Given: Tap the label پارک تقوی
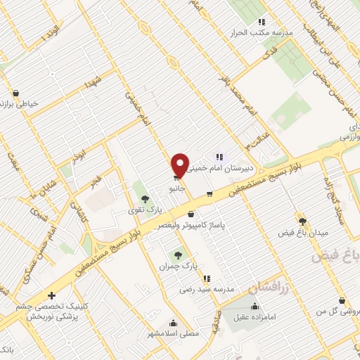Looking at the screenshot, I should (x=148, y=210).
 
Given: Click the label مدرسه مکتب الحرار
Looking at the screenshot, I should (x=263, y=33).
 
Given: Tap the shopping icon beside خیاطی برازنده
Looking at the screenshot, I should (x=15, y=92).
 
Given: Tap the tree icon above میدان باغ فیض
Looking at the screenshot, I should (x=303, y=221).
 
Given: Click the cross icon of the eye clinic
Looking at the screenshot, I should (x=51, y=296).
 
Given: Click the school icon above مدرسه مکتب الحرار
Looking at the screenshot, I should (x=262, y=22).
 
